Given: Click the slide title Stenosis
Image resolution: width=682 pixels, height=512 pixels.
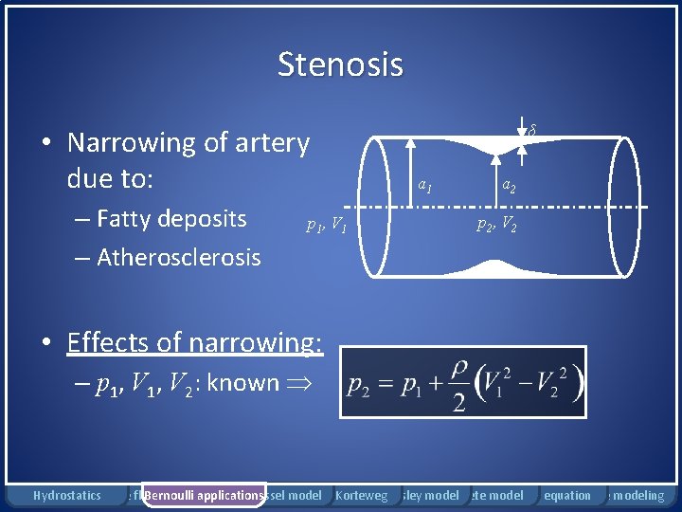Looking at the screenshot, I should click(x=340, y=64).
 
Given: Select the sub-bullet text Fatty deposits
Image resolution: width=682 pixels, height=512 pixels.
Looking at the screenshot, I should click(x=171, y=219).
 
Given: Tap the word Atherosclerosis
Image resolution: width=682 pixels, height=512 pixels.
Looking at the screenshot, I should click(x=178, y=257).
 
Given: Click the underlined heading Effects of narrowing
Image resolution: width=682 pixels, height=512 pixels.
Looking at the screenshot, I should click(x=194, y=341).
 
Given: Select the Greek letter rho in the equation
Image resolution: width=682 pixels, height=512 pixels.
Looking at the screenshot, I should click(x=458, y=367).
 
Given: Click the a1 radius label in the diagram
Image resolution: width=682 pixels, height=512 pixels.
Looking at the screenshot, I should click(x=425, y=186).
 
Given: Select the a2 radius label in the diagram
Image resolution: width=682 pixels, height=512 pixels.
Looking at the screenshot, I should click(x=509, y=186).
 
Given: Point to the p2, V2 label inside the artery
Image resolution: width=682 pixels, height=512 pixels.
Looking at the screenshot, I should click(x=495, y=225).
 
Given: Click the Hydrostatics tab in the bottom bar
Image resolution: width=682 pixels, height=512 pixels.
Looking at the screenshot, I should click(x=66, y=495).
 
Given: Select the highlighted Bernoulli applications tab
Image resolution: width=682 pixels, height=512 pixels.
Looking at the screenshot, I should click(x=203, y=495).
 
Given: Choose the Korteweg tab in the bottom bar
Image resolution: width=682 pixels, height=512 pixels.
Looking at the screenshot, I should click(x=361, y=495).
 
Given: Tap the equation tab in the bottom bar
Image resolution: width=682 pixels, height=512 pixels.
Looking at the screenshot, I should click(x=567, y=495).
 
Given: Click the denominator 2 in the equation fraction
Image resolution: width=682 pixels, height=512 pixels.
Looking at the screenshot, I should click(x=458, y=404).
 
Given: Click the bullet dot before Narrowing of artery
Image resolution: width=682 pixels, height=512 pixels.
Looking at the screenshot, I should click(x=45, y=144).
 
